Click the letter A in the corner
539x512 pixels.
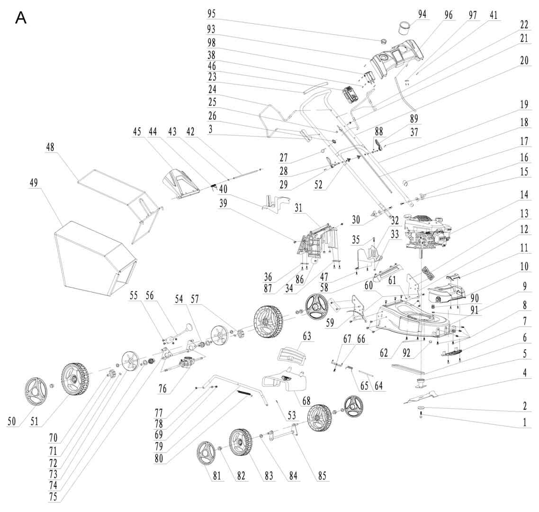pyautogui.click(x=21, y=18)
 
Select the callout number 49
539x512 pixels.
pyautogui.click(x=34, y=183)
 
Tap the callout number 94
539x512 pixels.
pyautogui.click(x=422, y=14)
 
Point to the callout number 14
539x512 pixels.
pyautogui.click(x=524, y=195)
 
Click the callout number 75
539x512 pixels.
pyautogui.click(x=53, y=496)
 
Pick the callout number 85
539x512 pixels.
pyautogui.click(x=322, y=475)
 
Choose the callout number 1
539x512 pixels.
pyautogui.click(x=525, y=422)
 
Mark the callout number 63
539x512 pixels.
pyautogui.click(x=307, y=336)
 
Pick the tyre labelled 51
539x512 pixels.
pyautogui.click(x=76, y=379)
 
